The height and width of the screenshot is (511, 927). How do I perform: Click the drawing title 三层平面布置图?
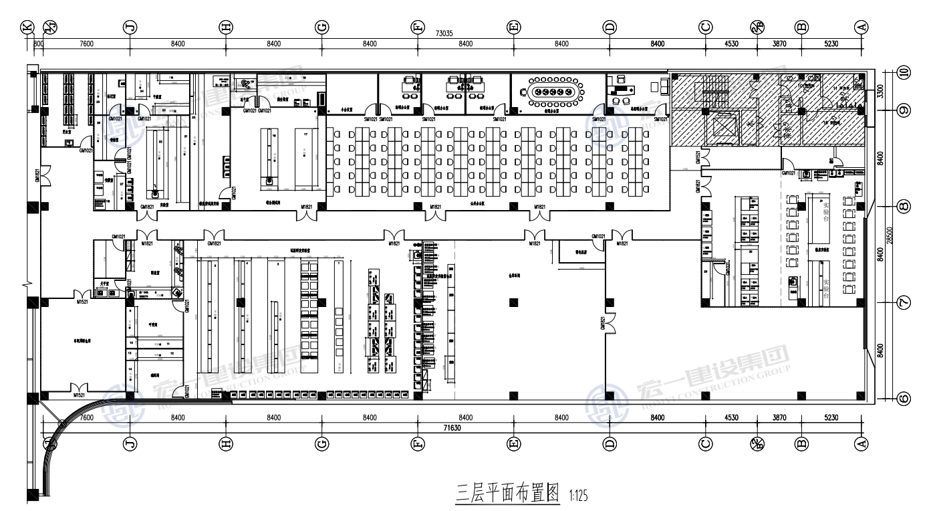click(x=507, y=495)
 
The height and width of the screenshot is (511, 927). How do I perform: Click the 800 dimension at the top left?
click(x=38, y=44)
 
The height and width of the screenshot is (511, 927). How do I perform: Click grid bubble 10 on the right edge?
click(x=904, y=73)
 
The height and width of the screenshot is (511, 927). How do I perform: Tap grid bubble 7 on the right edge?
click(x=904, y=302)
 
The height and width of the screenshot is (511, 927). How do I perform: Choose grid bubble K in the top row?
click(x=27, y=27)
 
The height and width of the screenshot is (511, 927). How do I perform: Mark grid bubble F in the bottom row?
click(x=418, y=443)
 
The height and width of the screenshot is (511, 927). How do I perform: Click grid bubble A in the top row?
click(x=862, y=27)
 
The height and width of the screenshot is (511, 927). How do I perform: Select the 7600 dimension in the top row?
click(x=86, y=44)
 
